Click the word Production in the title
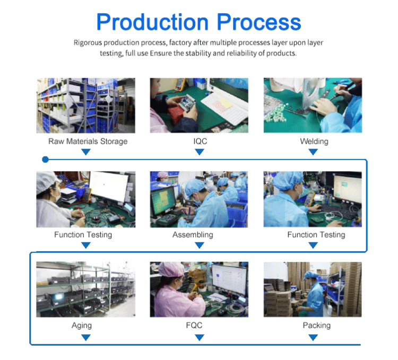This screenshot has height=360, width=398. pyautogui.click(x=152, y=22)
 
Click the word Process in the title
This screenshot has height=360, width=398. pyautogui.click(x=259, y=22)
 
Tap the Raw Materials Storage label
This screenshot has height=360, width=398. pyautogui.click(x=88, y=141)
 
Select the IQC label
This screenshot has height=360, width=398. pyautogui.click(x=200, y=141)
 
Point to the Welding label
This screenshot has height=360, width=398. pyautogui.click(x=314, y=141)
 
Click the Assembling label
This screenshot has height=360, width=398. pyautogui.click(x=193, y=235)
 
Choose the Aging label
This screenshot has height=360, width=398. pyautogui.click(x=82, y=325)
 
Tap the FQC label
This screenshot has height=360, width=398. pyautogui.click(x=194, y=325)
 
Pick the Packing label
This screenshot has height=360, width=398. pyautogui.click(x=316, y=325)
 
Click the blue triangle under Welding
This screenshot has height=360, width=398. pyautogui.click(x=313, y=152)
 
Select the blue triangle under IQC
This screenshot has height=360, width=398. pyautogui.click(x=200, y=152)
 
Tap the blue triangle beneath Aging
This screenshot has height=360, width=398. pyautogui.click(x=86, y=337)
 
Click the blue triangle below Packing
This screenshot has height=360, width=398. pyautogui.click(x=313, y=337)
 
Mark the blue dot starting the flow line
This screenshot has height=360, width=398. pyautogui.click(x=45, y=160)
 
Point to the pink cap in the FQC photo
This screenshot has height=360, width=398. pyautogui.click(x=171, y=269)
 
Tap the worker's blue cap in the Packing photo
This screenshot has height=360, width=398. pyautogui.click(x=311, y=275)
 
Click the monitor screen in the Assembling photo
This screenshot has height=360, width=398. pyautogui.click(x=163, y=201)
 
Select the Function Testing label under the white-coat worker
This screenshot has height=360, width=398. pyautogui.click(x=83, y=235)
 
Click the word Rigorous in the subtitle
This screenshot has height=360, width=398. pyautogui.click(x=88, y=42)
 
